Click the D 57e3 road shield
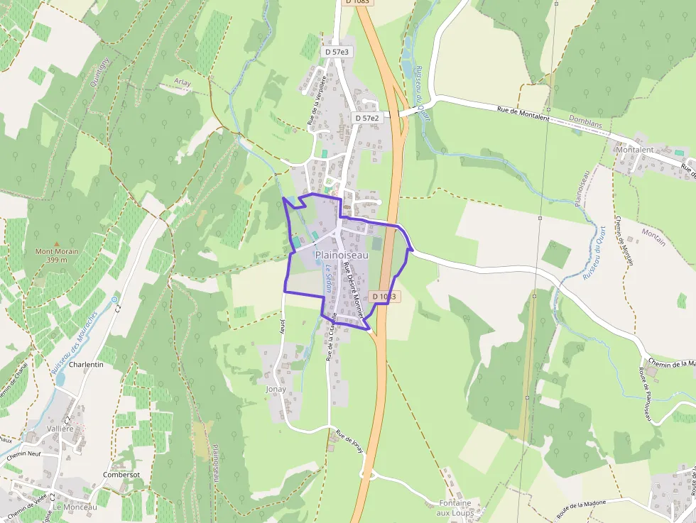pos(337,52)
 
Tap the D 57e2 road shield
pos(366,118)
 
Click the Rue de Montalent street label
pos(523,114)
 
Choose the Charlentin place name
pos(87,364)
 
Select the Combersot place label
pos(121,475)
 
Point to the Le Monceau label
pos(75,507)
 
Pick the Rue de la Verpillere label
pos(315,99)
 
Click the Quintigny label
pos(98,70)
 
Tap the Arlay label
pos(183,82)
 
